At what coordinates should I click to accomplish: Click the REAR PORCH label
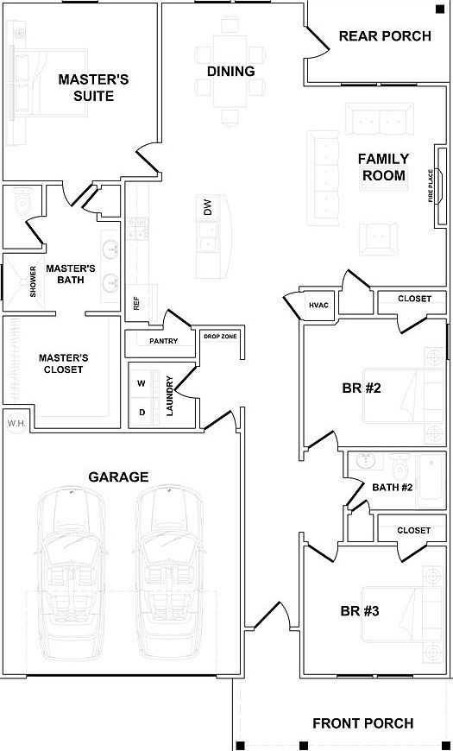(x=385, y=35)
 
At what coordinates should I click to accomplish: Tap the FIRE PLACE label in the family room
(x=431, y=185)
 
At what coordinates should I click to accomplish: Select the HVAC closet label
(x=319, y=306)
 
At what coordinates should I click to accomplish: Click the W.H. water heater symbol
(x=15, y=423)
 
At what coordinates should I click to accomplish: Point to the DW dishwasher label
(x=207, y=207)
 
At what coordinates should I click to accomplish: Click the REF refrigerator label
(x=136, y=303)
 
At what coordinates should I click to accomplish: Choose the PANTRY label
(x=163, y=341)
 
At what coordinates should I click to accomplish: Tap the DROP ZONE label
(x=220, y=337)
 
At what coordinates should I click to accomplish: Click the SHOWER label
(x=34, y=282)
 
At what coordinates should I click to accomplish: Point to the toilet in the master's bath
(x=21, y=204)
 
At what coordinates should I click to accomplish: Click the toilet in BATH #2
(x=399, y=468)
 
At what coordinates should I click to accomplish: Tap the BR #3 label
(x=360, y=611)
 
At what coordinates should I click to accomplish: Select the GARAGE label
(x=118, y=476)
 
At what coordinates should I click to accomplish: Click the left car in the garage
(x=69, y=570)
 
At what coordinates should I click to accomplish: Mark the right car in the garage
(x=170, y=570)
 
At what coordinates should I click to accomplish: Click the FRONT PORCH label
(x=362, y=723)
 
